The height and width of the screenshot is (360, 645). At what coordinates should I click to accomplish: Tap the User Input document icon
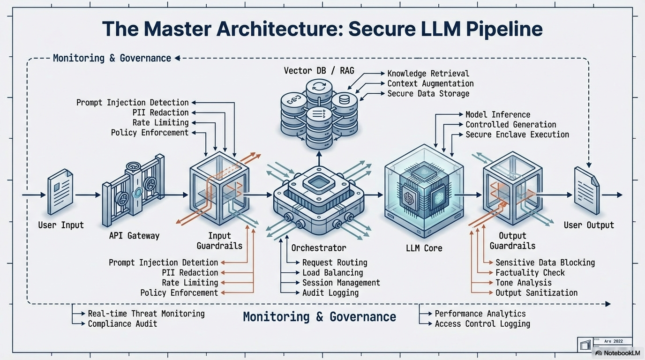(x=60, y=193)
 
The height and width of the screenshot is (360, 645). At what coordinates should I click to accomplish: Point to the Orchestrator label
(x=319, y=247)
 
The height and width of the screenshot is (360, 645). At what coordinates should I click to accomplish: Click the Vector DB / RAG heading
(x=319, y=71)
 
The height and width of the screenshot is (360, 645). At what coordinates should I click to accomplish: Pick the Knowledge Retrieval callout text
(x=428, y=74)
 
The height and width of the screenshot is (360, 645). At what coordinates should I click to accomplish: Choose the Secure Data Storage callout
(x=428, y=94)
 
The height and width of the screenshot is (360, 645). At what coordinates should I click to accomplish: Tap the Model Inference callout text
(x=498, y=114)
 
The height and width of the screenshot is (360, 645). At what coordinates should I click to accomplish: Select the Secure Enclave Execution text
(x=517, y=135)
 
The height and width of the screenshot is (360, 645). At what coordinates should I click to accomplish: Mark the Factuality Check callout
(x=530, y=273)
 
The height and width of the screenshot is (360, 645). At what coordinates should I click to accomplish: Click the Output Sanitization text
(x=536, y=293)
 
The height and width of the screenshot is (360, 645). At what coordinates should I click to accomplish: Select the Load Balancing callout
(x=332, y=273)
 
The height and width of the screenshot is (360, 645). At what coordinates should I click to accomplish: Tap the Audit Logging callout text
(x=330, y=293)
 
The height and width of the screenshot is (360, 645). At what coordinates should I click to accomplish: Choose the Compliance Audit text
(x=122, y=324)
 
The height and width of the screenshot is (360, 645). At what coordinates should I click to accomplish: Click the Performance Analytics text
(x=480, y=314)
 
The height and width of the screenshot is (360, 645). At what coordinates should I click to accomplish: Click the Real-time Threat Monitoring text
(x=146, y=314)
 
